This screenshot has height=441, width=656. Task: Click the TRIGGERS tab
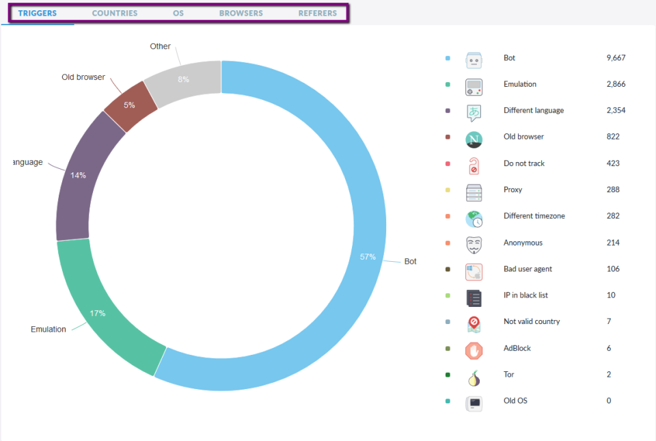pyautogui.click(x=38, y=13)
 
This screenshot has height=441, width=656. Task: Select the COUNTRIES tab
pyautogui.click(x=115, y=13)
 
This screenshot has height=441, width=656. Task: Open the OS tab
pyautogui.click(x=178, y=13)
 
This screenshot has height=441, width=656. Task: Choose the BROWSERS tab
pyautogui.click(x=241, y=13)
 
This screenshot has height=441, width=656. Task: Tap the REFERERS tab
pyautogui.click(x=318, y=13)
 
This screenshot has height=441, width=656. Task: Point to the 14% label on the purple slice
pyautogui.click(x=78, y=175)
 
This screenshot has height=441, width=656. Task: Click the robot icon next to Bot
pyautogui.click(x=474, y=60)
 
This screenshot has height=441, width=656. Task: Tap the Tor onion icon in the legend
pyautogui.click(x=474, y=377)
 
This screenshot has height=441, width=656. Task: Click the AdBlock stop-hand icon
pyautogui.click(x=474, y=351)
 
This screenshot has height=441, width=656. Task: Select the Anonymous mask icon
pyautogui.click(x=474, y=245)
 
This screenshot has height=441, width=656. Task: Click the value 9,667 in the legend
pyautogui.click(x=616, y=58)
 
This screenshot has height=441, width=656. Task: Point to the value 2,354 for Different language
pyautogui.click(x=616, y=111)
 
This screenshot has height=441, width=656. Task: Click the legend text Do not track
pyautogui.click(x=524, y=163)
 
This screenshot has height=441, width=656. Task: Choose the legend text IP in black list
pyautogui.click(x=525, y=295)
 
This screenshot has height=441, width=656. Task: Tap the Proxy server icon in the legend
pyautogui.click(x=474, y=192)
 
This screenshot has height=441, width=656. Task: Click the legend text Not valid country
pyautogui.click(x=532, y=322)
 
